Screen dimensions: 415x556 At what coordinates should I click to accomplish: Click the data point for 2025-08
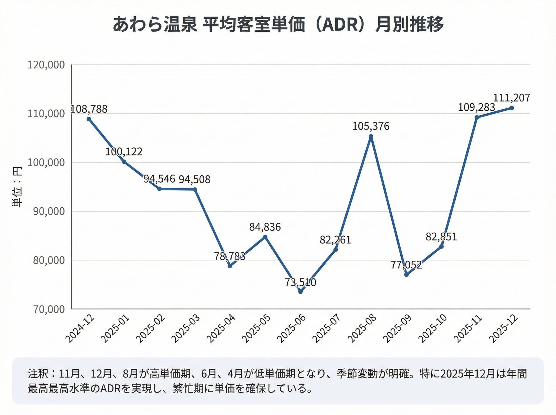pos(371,136)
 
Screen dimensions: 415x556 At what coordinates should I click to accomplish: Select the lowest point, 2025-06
pos(300,292)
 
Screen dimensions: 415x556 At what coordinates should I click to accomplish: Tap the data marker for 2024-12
pos(89,119)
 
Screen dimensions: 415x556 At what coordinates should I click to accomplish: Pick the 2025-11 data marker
pos(476,117)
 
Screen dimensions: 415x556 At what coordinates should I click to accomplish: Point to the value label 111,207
pos(512,98)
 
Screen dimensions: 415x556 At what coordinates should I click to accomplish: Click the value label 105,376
pos(371,126)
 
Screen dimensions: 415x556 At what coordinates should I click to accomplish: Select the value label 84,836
pos(265,227)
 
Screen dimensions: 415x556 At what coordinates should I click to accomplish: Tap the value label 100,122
pos(124,152)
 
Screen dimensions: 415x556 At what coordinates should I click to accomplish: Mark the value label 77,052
pos(406,265)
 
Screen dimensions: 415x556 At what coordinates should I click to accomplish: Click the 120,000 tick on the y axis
pos(46,65)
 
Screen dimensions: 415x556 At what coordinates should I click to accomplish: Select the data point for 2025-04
pos(230,266)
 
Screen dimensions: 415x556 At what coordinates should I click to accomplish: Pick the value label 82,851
pos(441,237)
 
